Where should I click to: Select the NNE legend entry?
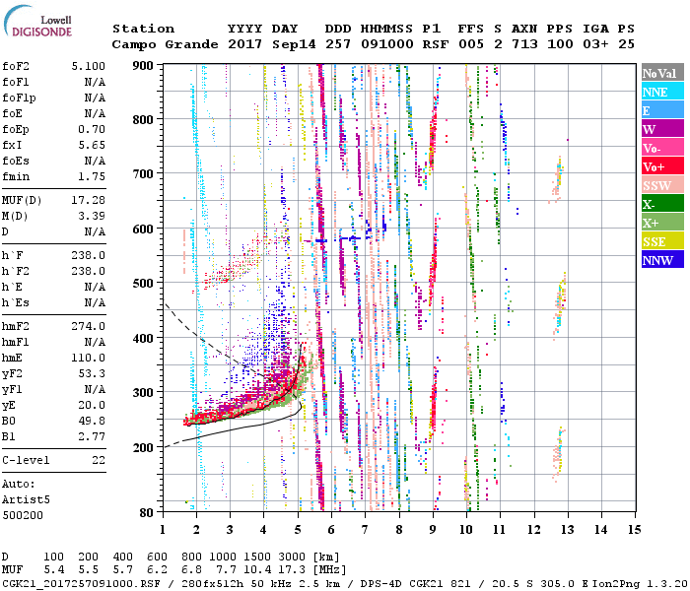(x=661, y=92)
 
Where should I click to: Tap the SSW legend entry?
(x=661, y=185)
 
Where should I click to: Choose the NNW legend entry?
(x=661, y=260)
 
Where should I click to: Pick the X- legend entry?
(x=661, y=204)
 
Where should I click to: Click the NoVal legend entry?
(x=661, y=73)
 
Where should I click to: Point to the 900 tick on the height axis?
(x=145, y=65)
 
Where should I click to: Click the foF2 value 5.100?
(x=89, y=66)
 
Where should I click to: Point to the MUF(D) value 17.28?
(x=89, y=201)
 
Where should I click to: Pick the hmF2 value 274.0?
(x=89, y=326)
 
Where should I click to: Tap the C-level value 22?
(x=99, y=460)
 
